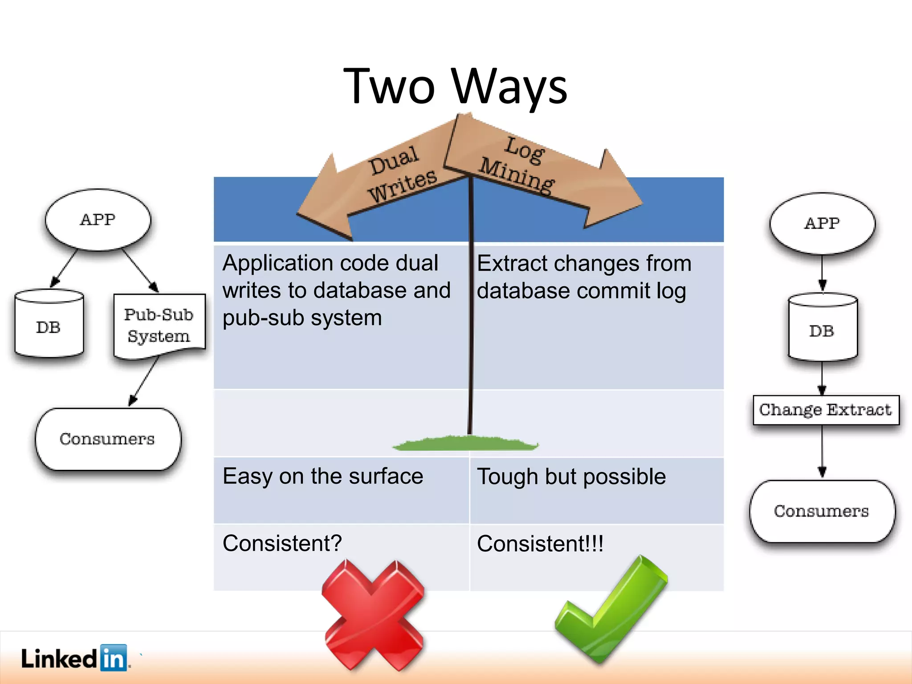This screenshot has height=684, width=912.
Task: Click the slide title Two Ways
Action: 455,86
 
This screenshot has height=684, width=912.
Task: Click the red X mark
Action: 373,615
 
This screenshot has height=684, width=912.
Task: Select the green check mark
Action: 610,610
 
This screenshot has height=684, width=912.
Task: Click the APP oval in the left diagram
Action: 98,220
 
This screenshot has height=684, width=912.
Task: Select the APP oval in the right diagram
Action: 822,223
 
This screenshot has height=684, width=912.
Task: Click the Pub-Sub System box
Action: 159,325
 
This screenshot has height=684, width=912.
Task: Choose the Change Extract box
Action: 826,410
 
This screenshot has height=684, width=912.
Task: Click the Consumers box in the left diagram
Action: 108,439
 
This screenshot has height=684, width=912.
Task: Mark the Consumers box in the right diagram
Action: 822,511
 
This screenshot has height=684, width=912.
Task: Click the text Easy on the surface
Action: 323,476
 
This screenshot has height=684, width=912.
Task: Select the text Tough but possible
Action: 571,476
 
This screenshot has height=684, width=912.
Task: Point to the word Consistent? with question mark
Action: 282,543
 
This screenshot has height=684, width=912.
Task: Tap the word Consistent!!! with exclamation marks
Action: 540,544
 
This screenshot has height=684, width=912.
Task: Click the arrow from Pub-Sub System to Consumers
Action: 143,381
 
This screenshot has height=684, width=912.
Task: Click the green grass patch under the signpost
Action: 465,444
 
